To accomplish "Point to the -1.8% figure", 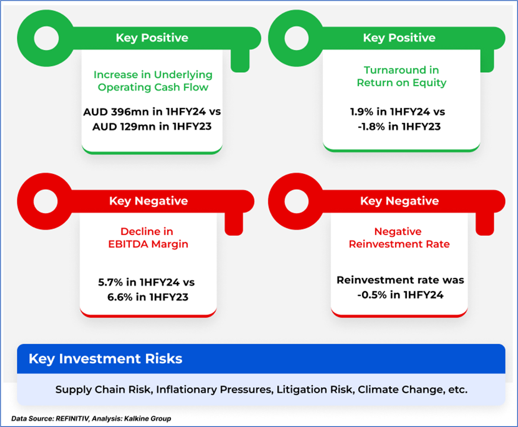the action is tap(371, 126).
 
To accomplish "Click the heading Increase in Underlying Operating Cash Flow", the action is tap(153, 81).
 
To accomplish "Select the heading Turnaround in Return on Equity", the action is tap(401, 76).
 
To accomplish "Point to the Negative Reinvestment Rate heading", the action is tap(399, 238).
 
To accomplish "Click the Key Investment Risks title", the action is tap(105, 359).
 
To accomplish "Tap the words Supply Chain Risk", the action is tap(104, 389).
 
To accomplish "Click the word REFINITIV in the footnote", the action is tap(72, 419).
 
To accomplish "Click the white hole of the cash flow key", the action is tap(46, 38).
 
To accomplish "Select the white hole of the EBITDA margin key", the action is tap(45, 202).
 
